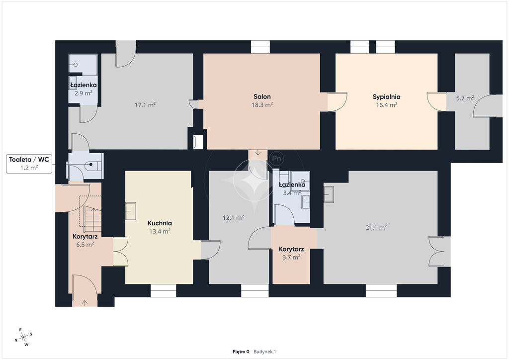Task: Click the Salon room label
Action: point(262,97)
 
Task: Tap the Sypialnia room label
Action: point(386,97)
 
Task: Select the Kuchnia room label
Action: point(160,223)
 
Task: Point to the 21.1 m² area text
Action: point(376,228)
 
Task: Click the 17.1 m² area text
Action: point(145,105)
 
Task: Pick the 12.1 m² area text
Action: point(233,217)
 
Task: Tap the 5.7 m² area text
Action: point(465,98)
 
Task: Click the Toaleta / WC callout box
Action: point(29,164)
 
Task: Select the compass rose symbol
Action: point(23,338)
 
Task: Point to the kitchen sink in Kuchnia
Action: point(131,211)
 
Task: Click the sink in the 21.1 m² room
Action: point(329,194)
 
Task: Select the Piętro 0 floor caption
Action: point(241,352)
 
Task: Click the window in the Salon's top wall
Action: point(260,47)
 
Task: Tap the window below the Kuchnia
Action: point(163,290)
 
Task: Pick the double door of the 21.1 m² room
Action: point(440,252)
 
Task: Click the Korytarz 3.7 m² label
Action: point(291,253)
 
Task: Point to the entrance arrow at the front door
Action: point(85,303)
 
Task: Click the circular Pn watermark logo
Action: point(276,159)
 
